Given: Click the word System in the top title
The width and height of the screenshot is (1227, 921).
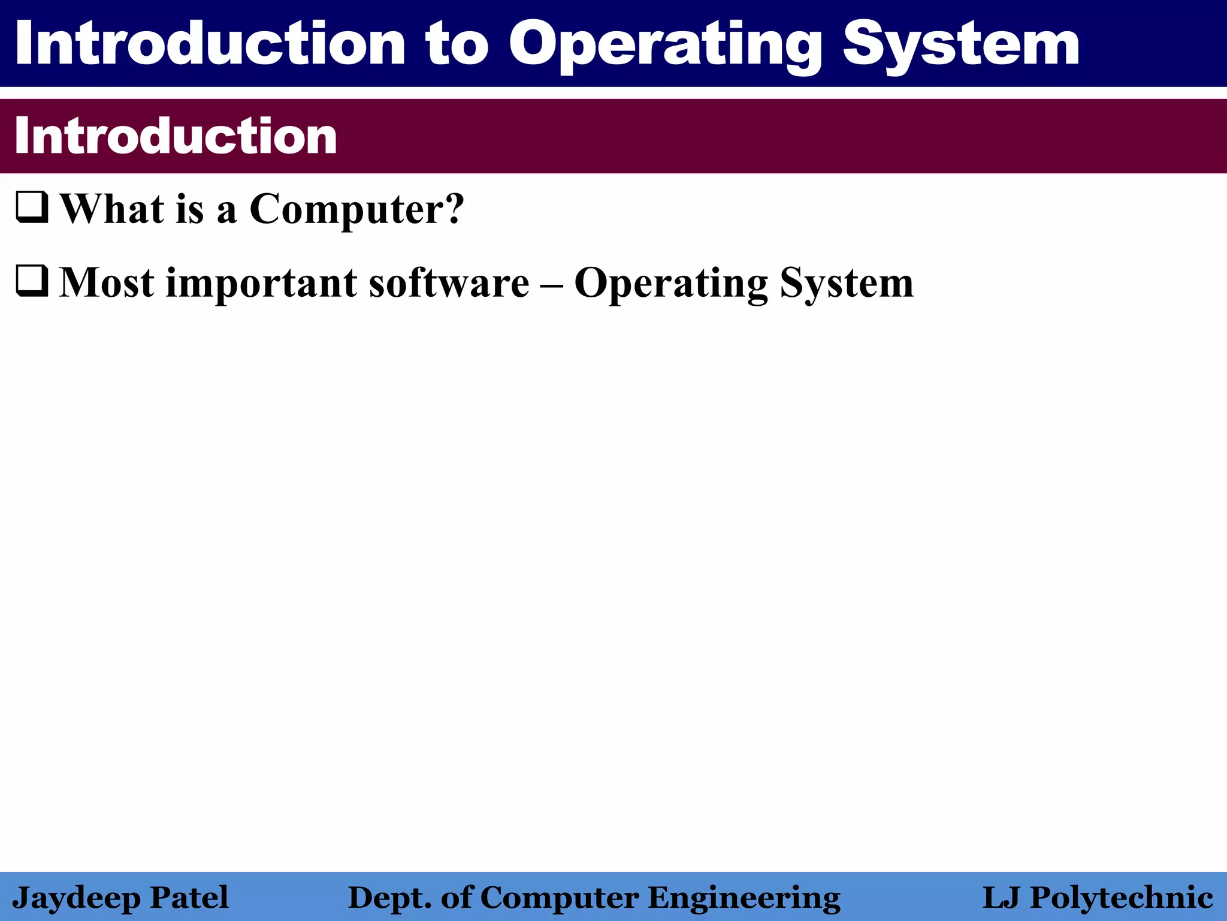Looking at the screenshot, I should pyautogui.click(x=960, y=45).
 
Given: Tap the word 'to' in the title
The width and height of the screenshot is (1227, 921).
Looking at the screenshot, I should pyautogui.click(x=457, y=45).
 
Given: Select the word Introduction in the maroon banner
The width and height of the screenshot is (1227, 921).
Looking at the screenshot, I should pyautogui.click(x=176, y=136).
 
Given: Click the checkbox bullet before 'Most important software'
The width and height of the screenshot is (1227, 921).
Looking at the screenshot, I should pyautogui.click(x=32, y=281).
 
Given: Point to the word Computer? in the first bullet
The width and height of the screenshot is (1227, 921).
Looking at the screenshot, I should pyautogui.click(x=356, y=209).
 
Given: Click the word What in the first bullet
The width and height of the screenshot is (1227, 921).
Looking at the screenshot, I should pyautogui.click(x=112, y=209).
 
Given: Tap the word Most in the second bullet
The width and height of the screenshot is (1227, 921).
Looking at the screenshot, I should pyautogui.click(x=106, y=282).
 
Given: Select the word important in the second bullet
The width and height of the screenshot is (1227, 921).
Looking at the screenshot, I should pyautogui.click(x=261, y=282).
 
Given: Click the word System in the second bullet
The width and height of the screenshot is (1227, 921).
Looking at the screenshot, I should pyautogui.click(x=847, y=282).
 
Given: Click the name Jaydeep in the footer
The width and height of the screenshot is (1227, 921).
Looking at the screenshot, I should pyautogui.click(x=75, y=898).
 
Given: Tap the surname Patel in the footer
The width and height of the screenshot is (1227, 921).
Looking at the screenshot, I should pyautogui.click(x=189, y=897).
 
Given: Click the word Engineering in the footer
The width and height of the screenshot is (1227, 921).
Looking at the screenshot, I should pyautogui.click(x=744, y=898).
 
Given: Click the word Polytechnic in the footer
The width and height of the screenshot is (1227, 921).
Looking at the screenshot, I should pyautogui.click(x=1122, y=898).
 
